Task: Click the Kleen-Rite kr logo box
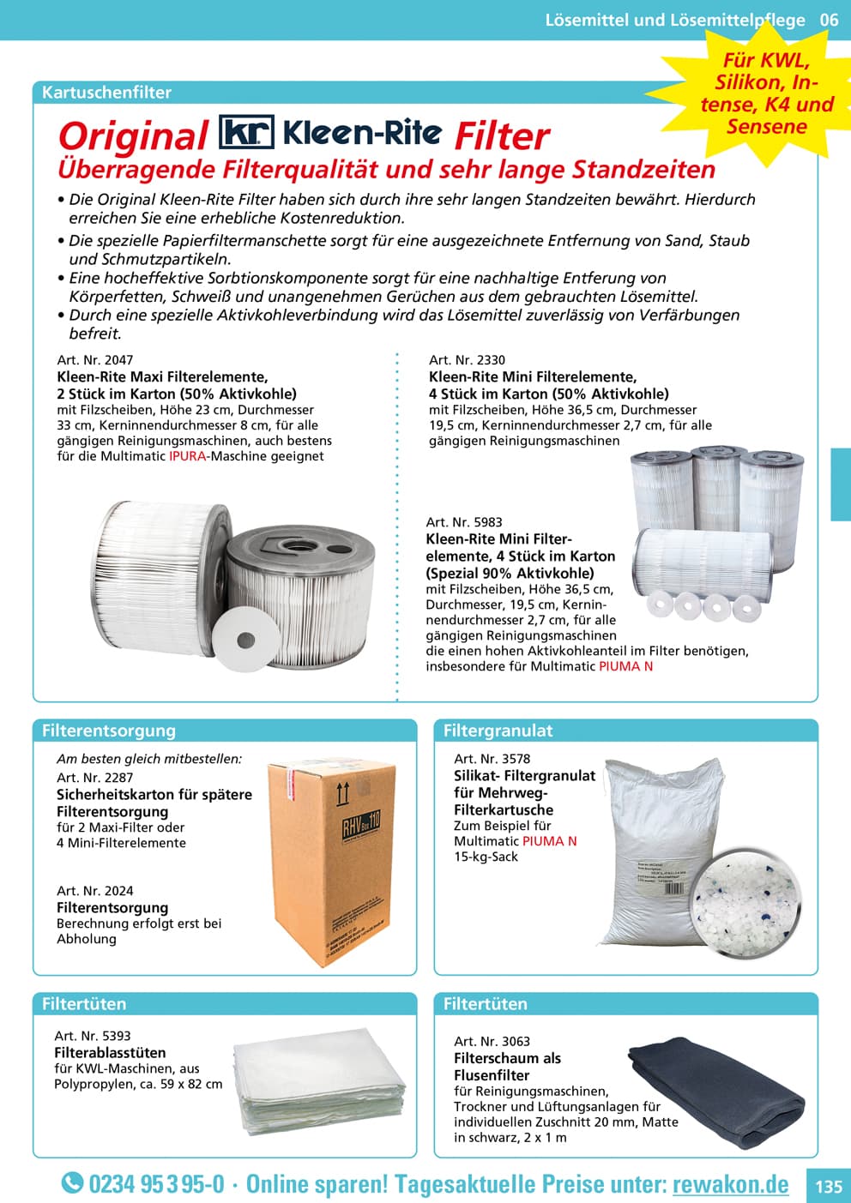pyautogui.click(x=247, y=133)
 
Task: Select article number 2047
pyautogui.click(x=94, y=360)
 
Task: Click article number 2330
pyautogui.click(x=467, y=360)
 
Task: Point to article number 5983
pyautogui.click(x=464, y=522)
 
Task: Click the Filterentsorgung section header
pyautogui.click(x=109, y=731)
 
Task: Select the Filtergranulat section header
pyautogui.click(x=498, y=731)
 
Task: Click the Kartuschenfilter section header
pyautogui.click(x=106, y=93)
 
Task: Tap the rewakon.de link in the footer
pyautogui.click(x=730, y=1184)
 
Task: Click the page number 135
pyautogui.click(x=828, y=1187)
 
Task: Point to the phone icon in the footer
pyautogui.click(x=72, y=1183)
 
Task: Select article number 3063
pyautogui.click(x=492, y=1042)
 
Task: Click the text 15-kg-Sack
pyautogui.click(x=486, y=857)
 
